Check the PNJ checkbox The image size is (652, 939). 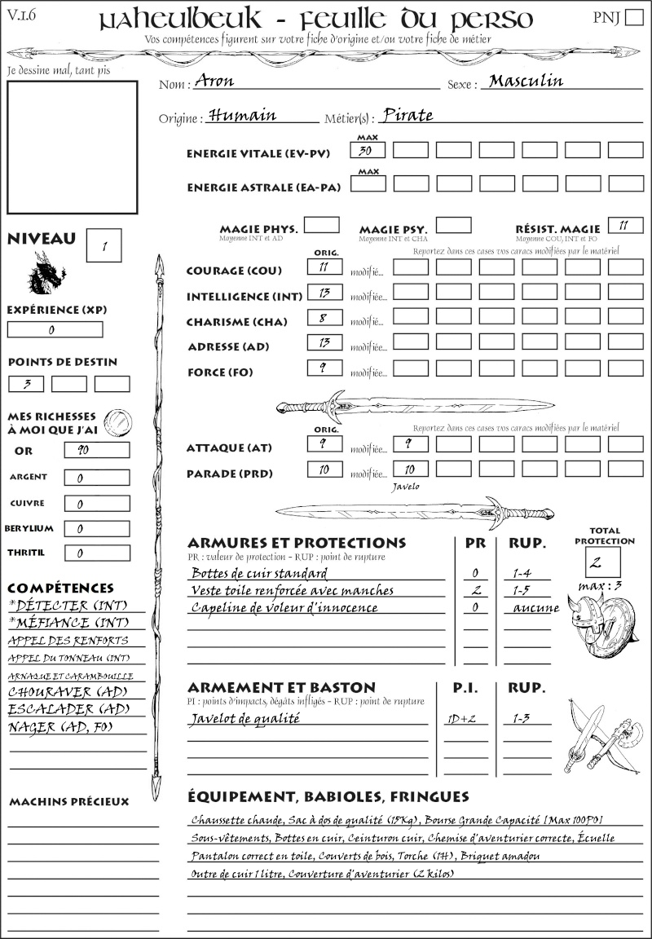click(632, 19)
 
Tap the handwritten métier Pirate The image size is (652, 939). click(407, 115)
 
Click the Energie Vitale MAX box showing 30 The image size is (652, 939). click(368, 150)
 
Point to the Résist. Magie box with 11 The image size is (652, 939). click(625, 225)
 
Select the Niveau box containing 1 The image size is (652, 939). click(105, 244)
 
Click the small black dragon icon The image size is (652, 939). click(46, 274)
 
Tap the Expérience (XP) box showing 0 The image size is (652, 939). click(55, 329)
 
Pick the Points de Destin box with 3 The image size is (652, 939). click(26, 383)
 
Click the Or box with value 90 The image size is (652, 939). click(96, 450)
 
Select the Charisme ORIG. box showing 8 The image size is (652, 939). click(324, 319)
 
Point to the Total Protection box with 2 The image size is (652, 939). click(602, 562)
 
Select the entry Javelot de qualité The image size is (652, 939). click(245, 718)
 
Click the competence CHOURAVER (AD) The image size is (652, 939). click(67, 692)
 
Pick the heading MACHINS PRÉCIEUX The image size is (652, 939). click(68, 802)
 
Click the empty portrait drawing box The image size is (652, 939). click(72, 147)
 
